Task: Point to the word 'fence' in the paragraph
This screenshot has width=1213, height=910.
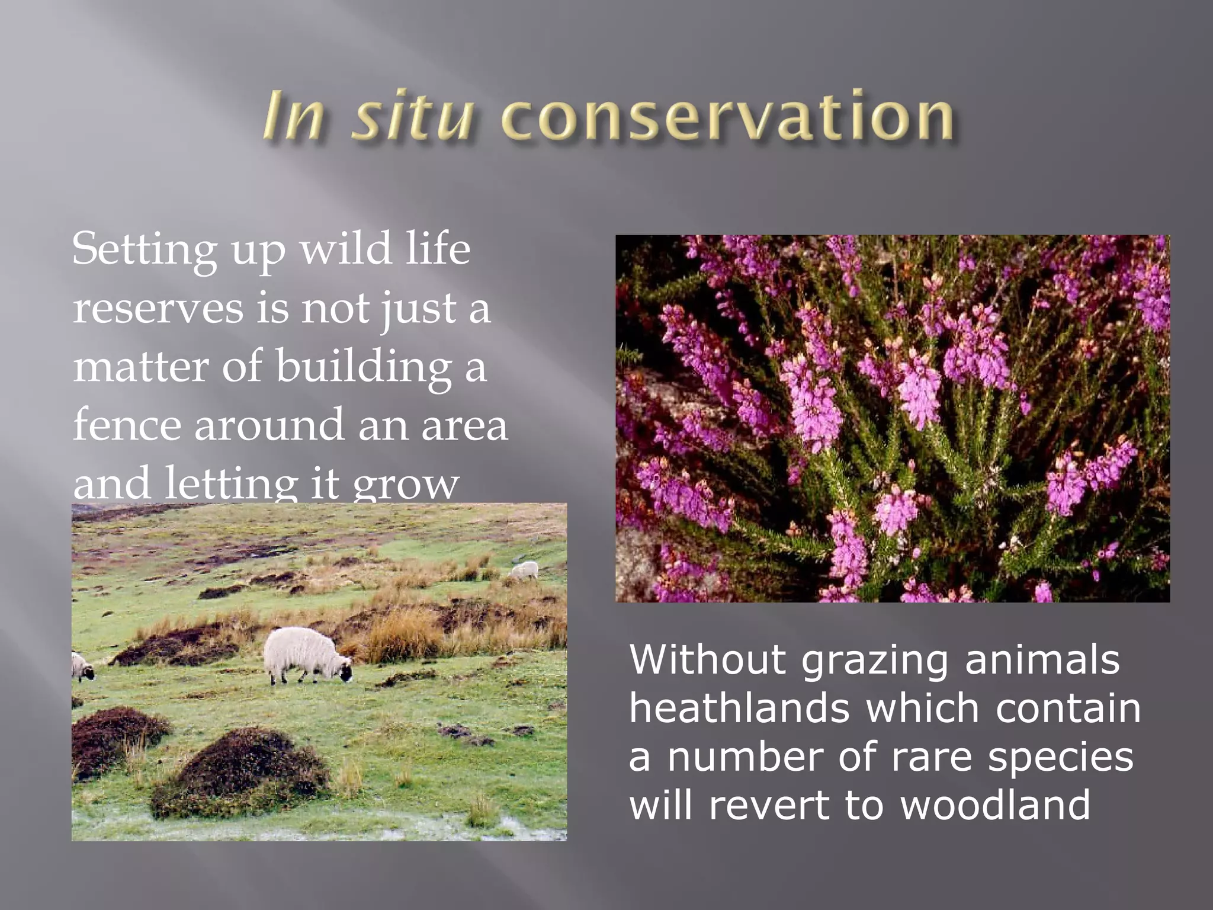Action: (x=126, y=425)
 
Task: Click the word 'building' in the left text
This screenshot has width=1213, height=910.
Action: (x=364, y=367)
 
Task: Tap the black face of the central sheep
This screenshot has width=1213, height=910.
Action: (x=345, y=672)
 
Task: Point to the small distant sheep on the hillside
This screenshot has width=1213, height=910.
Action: (x=524, y=570)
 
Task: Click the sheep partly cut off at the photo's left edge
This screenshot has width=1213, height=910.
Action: (x=81, y=667)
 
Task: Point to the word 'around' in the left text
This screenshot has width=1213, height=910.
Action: (x=269, y=425)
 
